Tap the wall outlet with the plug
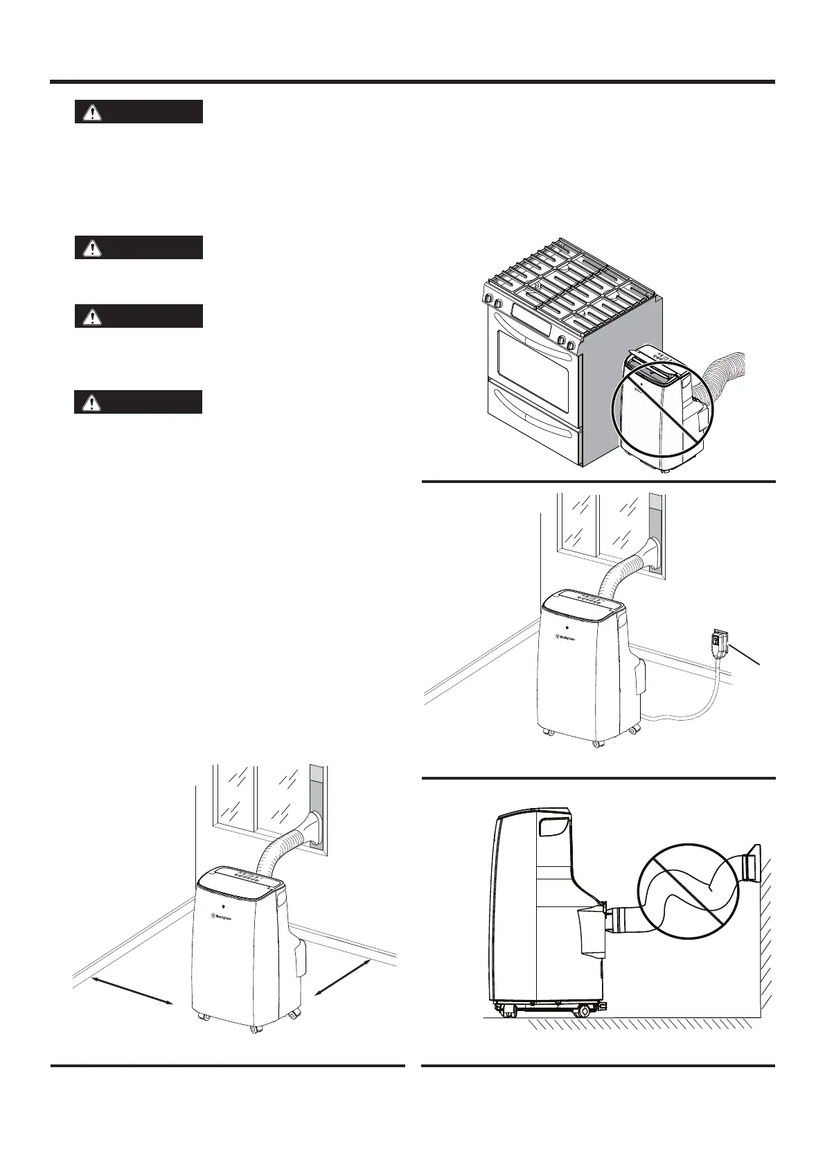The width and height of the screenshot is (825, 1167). pos(718,642)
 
